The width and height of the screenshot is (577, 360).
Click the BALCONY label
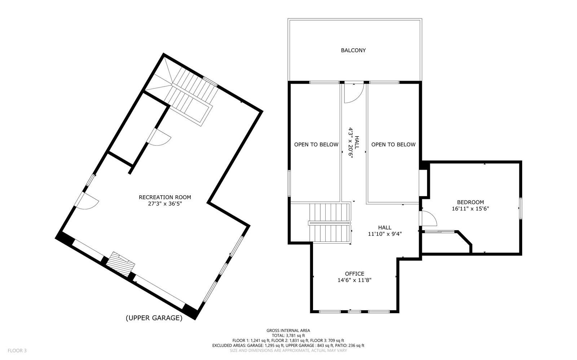click(x=353, y=50)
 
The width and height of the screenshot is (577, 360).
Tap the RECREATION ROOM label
click(x=165, y=197)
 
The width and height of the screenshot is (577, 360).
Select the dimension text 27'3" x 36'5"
click(x=165, y=204)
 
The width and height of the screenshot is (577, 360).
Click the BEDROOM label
click(x=470, y=202)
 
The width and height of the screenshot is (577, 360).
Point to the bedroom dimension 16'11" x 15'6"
click(x=470, y=208)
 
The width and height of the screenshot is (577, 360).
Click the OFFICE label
click(x=354, y=274)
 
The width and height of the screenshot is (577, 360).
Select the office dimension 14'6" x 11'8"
click(x=354, y=280)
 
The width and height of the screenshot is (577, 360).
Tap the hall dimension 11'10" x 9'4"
click(x=384, y=234)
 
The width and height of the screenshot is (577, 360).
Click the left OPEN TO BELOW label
click(x=316, y=145)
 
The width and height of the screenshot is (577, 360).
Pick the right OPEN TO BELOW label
click(x=393, y=145)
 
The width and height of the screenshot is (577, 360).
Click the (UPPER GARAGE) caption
click(x=154, y=318)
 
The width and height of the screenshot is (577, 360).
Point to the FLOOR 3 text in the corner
click(x=17, y=350)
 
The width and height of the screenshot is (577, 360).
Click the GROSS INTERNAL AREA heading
click(x=288, y=330)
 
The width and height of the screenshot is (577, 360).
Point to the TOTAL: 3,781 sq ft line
click(x=288, y=335)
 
